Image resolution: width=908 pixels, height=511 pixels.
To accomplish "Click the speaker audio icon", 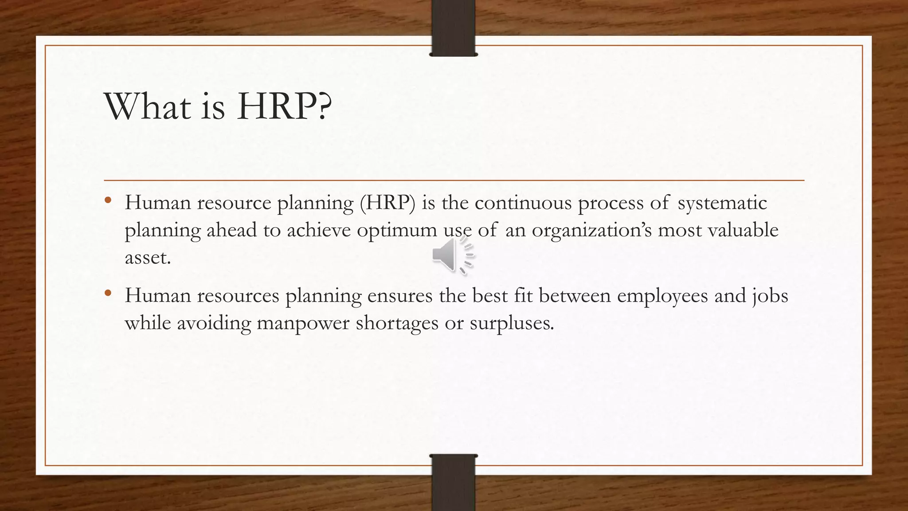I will pyautogui.click(x=452, y=255).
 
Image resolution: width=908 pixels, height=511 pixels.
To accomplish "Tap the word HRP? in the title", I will pyautogui.click(x=284, y=106).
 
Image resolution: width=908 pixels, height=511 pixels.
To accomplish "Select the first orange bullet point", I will pyautogui.click(x=108, y=200).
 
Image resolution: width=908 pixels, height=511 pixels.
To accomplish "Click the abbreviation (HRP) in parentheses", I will pyautogui.click(x=387, y=203).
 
